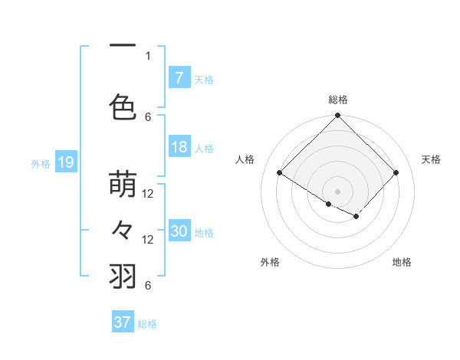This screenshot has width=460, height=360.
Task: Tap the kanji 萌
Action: pos(123,186)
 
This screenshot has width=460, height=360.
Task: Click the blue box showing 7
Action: pos(179,77)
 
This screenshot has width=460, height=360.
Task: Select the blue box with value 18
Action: pos(179,147)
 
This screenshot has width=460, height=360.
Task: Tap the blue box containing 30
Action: pos(179,231)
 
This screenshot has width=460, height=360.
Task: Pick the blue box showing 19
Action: pos(66,162)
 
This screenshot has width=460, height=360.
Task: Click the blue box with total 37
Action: pos(123,322)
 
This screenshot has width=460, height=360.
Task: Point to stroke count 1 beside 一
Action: pos(148,55)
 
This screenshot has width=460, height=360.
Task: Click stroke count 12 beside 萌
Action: pos(148,194)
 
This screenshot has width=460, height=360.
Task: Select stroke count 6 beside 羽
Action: pos(148,286)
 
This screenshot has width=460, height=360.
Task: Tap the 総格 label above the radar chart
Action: pos(337,100)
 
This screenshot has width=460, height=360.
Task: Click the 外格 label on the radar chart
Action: pos(270,263)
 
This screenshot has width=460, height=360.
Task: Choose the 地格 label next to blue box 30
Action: pos(204,233)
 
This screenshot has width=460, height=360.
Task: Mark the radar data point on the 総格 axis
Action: pos(337,116)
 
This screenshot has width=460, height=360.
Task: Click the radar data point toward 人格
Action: pos(280,173)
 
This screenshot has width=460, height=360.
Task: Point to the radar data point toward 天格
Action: pos(396,173)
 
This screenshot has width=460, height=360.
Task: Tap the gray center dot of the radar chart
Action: pos(337,190)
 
